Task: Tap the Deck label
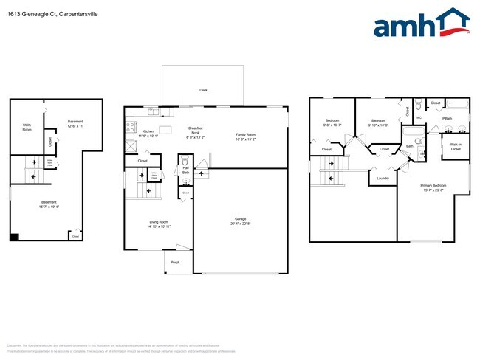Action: tap(203, 90)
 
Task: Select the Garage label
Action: tap(240, 219)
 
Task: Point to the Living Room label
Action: tap(159, 222)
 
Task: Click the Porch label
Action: tap(175, 263)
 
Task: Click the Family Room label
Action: tap(245, 134)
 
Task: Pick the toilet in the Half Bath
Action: tap(185, 161)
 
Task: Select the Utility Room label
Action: tap(27, 127)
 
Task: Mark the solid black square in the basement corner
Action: tap(14, 237)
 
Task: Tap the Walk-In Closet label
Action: tap(456, 147)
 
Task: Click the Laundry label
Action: tap(383, 178)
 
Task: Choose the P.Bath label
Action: tap(447, 118)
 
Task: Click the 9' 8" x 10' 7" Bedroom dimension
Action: tap(332, 125)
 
